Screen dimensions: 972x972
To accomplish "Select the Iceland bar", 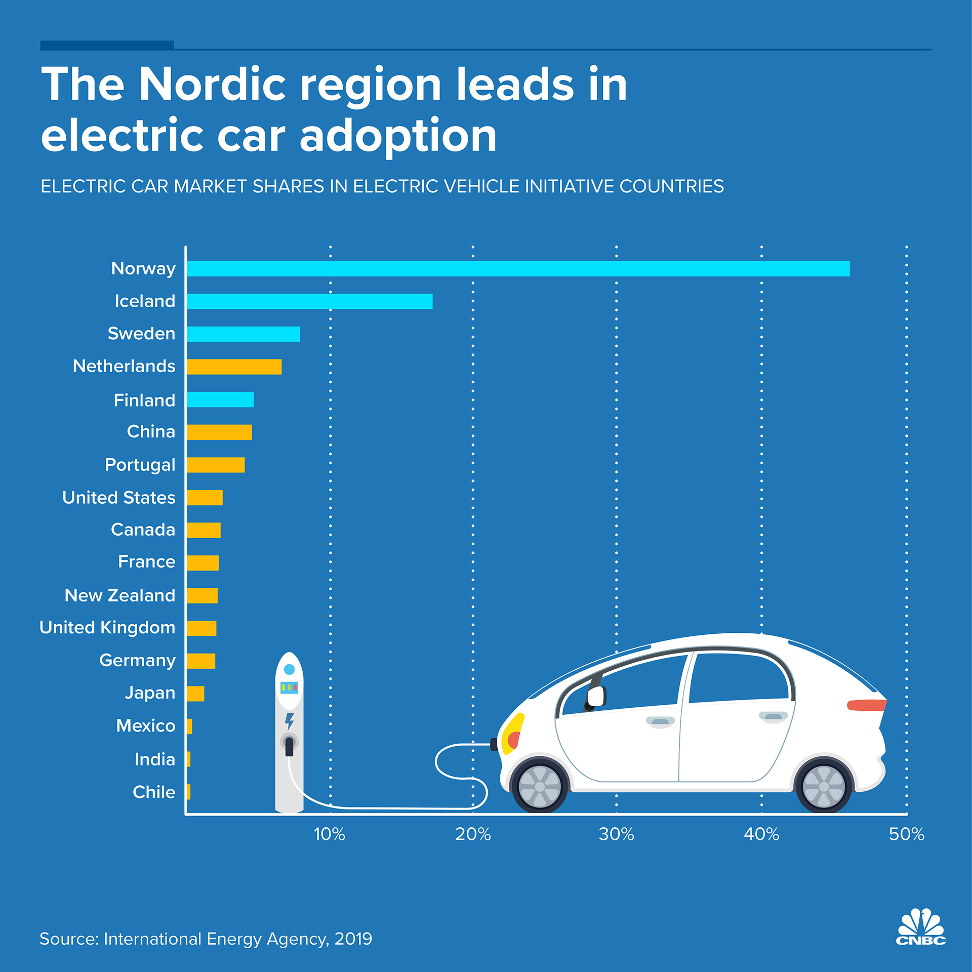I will tap(309, 301).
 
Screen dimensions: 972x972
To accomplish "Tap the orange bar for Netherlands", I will tap(234, 367).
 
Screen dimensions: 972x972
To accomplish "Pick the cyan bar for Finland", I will tap(220, 399).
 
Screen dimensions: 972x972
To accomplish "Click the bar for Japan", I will tap(195, 694).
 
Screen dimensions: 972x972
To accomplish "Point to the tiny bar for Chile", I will tap(188, 792).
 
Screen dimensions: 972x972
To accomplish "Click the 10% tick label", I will tap(330, 834).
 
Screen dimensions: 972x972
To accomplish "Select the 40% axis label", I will tap(761, 834).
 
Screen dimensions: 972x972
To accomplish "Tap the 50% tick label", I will tap(906, 834).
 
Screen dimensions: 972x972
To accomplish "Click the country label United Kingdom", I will tap(107, 628).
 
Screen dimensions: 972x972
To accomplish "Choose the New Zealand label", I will tap(120, 595).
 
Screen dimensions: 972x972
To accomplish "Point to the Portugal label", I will tap(140, 465).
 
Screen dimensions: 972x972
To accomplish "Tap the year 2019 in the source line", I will tap(353, 939).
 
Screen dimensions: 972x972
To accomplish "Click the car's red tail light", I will tap(866, 705).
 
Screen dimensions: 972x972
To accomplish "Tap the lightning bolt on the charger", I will tap(289, 721).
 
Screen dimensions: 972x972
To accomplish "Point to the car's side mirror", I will tap(596, 697).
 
